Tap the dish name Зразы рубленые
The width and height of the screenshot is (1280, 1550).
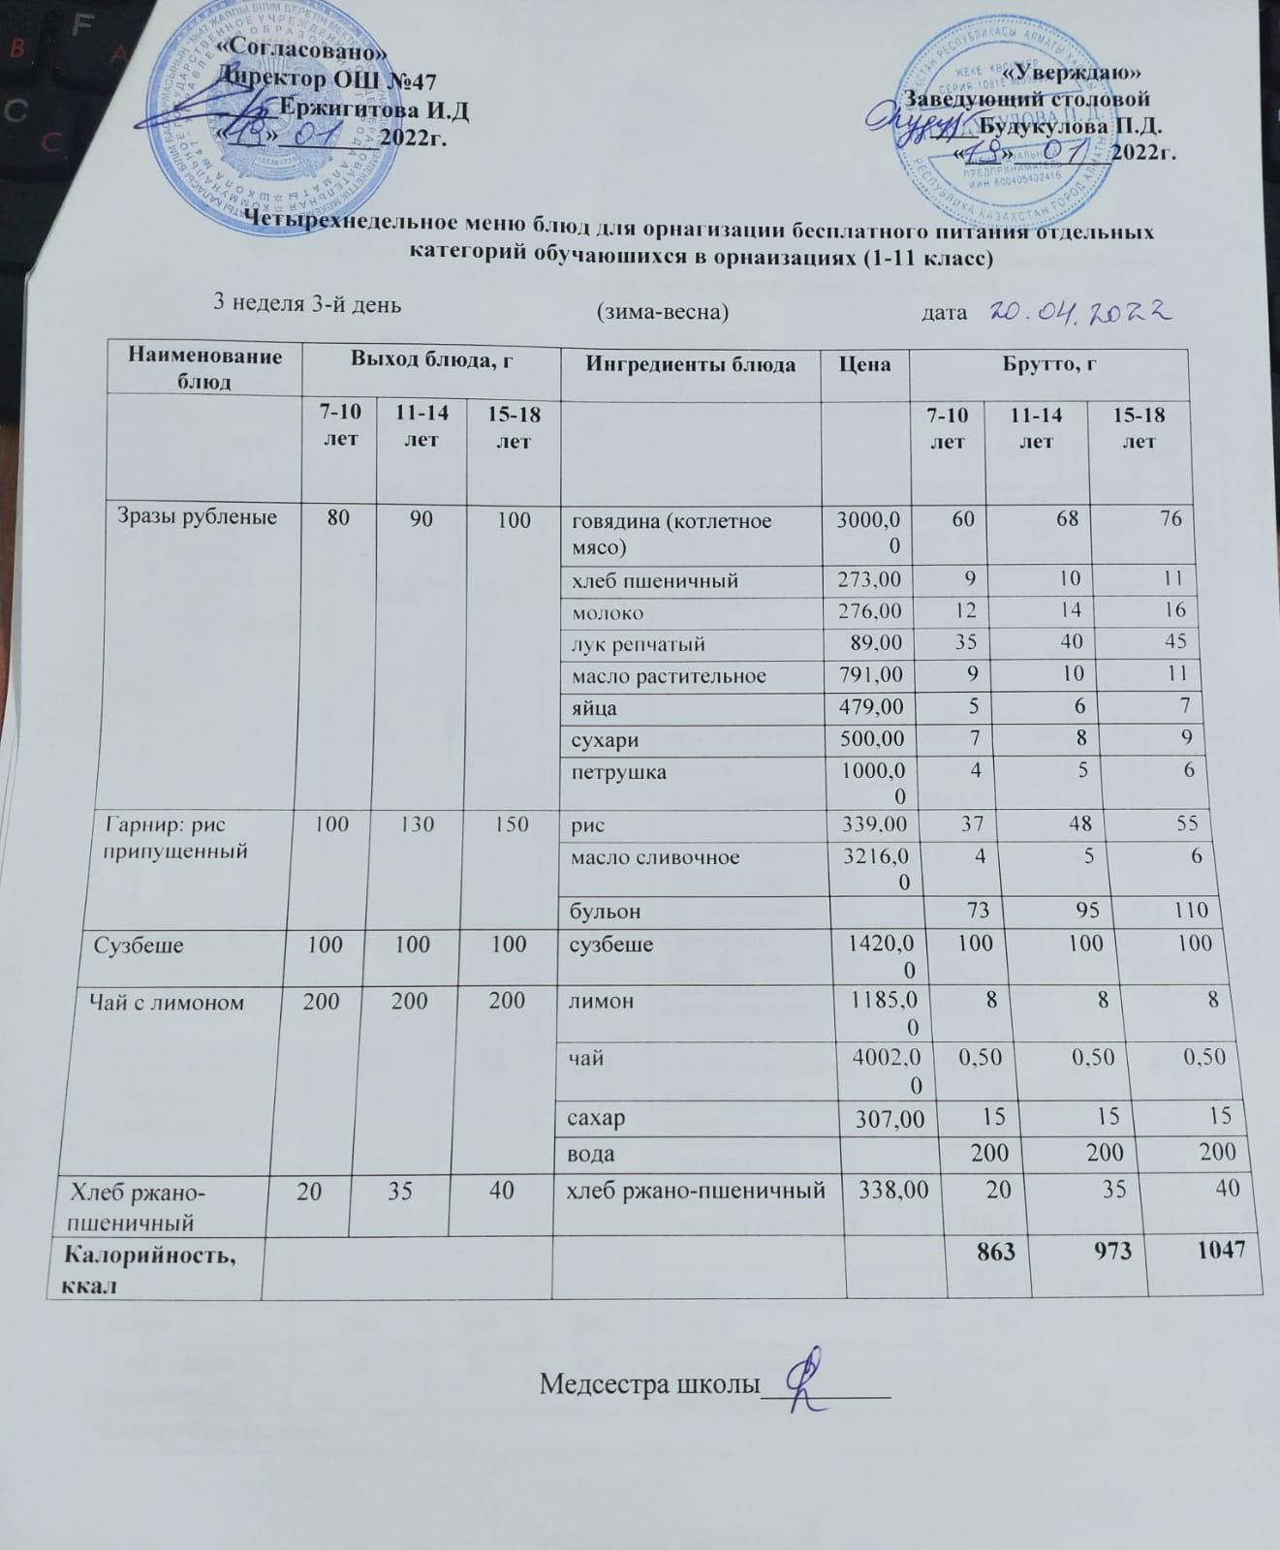point(197,517)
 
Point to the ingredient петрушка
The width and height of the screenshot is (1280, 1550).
point(617,773)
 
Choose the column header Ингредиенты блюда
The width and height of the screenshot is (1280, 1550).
point(690,364)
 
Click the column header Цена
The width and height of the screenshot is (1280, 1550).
point(864,364)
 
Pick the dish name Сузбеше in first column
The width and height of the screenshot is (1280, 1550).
point(139,944)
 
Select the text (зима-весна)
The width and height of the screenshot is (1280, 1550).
point(662,312)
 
